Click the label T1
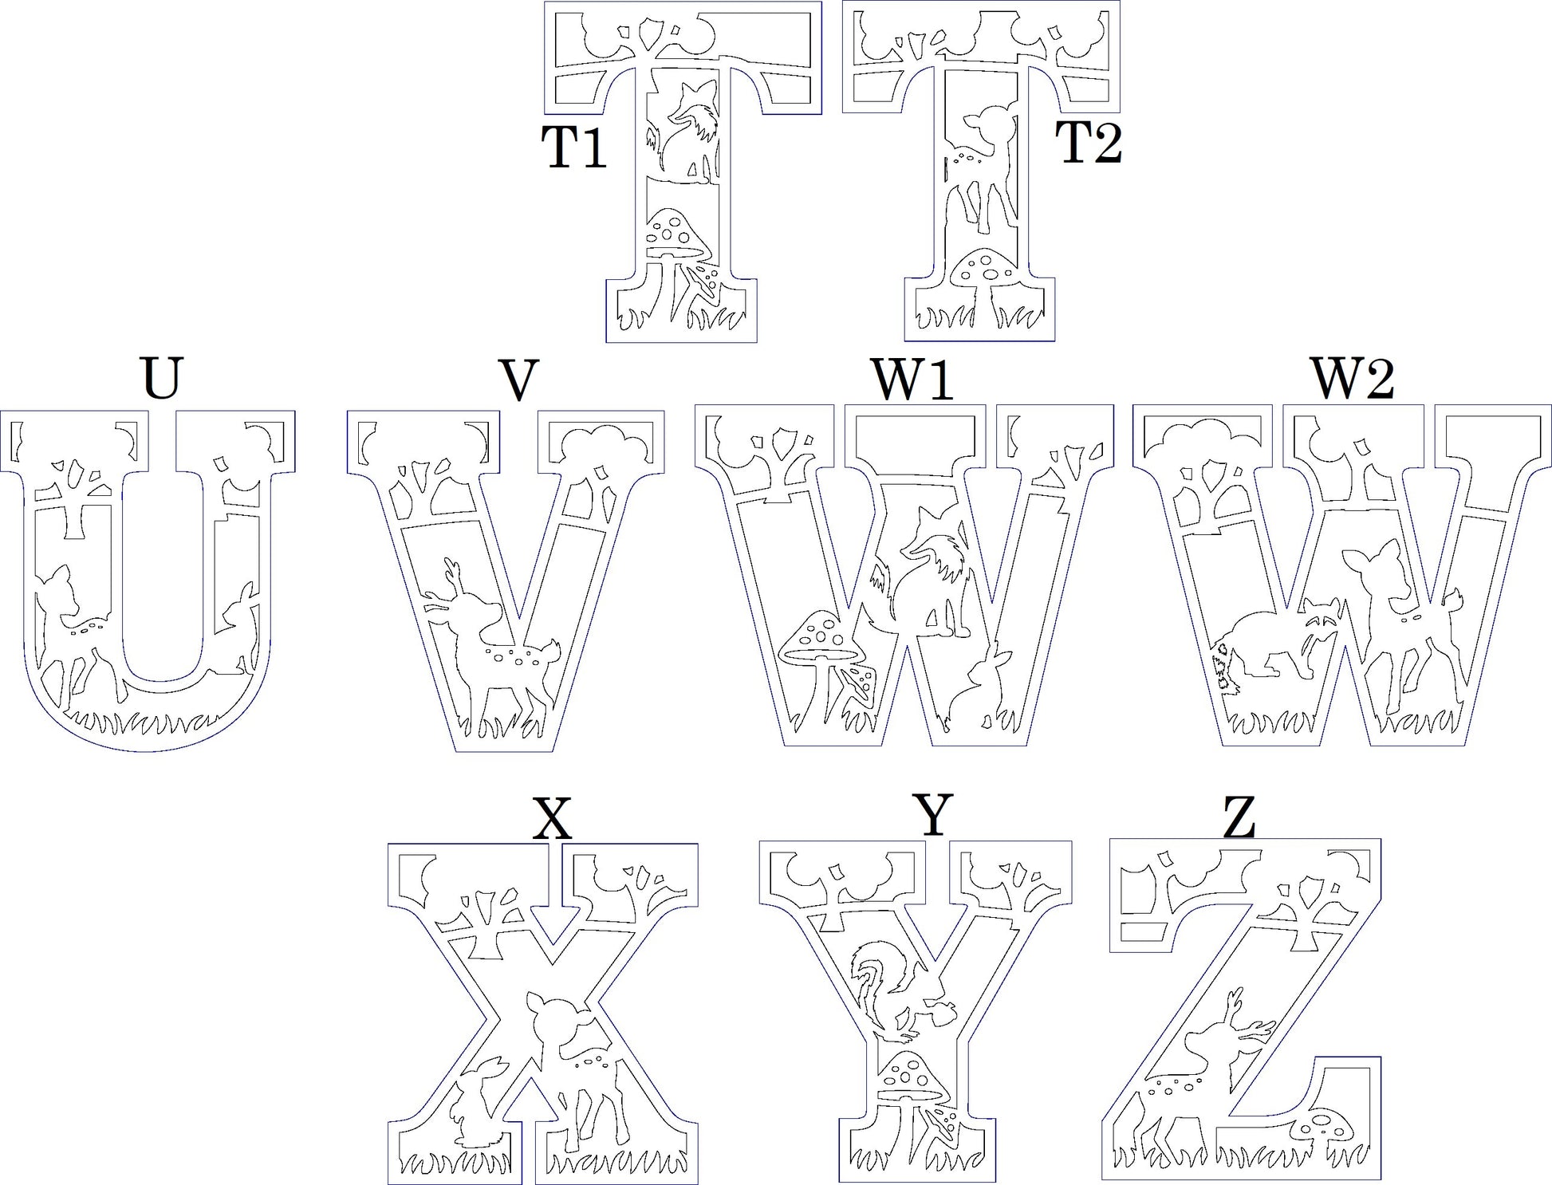coord(574,148)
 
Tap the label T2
coord(1089,144)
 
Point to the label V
coord(518,380)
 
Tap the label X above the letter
coord(553,818)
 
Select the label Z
coord(1239,818)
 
